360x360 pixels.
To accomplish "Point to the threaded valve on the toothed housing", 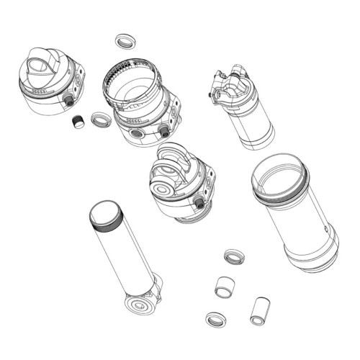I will coord(165,130).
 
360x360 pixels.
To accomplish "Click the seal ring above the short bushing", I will coord(233,256).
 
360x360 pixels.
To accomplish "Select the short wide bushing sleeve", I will coord(226,284).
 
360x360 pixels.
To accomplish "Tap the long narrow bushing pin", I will coord(257,310).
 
